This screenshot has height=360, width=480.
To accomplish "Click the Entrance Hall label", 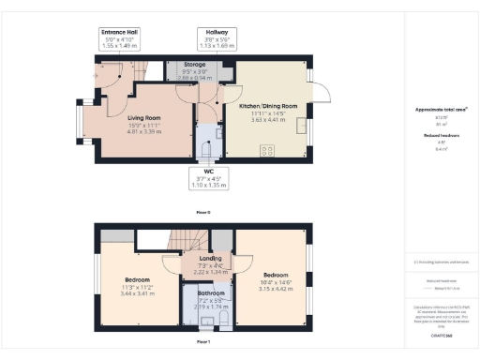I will [x=120, y=37].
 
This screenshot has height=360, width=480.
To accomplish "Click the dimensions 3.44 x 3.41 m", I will [x=139, y=293].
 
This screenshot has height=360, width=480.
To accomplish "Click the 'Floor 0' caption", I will [x=202, y=214].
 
